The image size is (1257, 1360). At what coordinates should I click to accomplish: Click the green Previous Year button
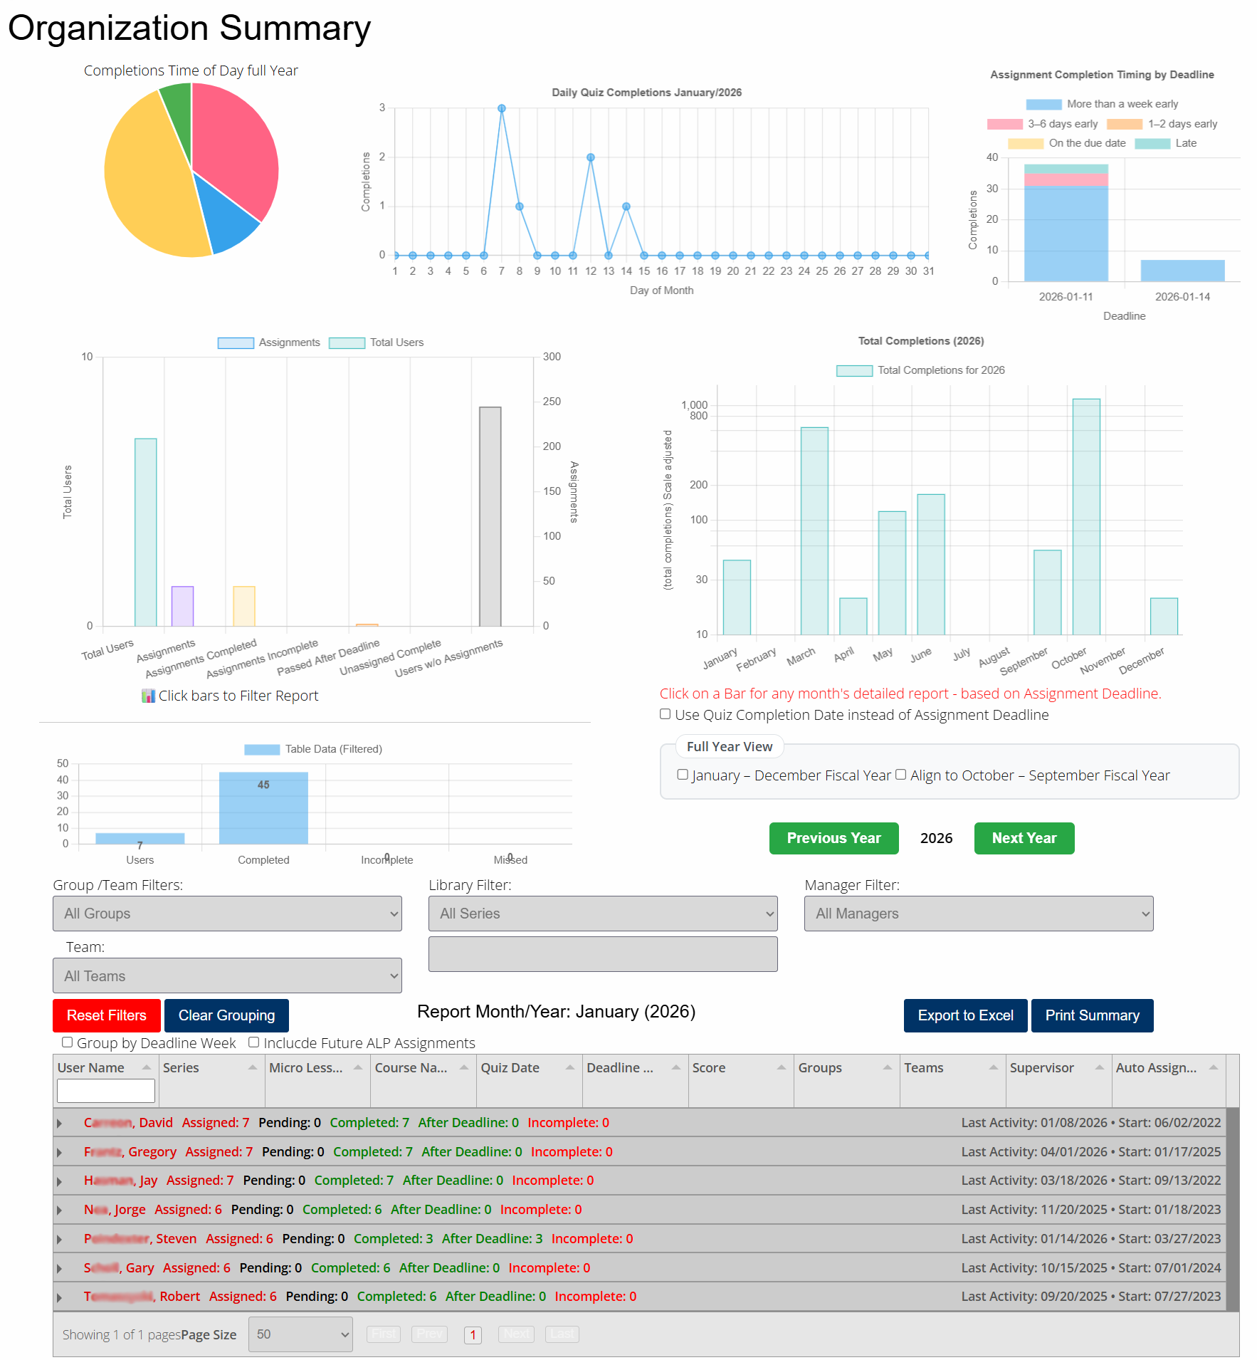(833, 838)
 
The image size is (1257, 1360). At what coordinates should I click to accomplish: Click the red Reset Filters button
(107, 1015)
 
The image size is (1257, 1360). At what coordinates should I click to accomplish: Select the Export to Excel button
(965, 1015)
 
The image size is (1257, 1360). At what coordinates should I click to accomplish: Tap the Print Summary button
(1092, 1015)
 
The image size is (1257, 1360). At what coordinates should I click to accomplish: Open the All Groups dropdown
(227, 914)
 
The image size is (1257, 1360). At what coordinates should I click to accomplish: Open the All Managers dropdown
(979, 914)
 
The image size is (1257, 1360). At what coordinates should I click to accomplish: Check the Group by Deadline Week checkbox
(68, 1042)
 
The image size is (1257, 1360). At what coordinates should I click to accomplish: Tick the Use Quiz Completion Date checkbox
(666, 714)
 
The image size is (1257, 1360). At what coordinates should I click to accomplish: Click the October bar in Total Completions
(1086, 516)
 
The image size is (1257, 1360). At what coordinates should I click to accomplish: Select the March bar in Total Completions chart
(814, 530)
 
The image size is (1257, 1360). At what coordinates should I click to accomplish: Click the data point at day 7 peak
(502, 108)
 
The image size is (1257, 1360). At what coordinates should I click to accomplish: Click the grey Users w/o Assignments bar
(490, 516)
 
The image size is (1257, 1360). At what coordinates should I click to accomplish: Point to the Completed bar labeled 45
(263, 808)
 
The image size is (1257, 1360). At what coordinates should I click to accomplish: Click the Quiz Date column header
(510, 1068)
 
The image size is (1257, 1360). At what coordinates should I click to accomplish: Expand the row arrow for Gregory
(60, 1152)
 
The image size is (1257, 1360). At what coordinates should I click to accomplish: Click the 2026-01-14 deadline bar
(1182, 271)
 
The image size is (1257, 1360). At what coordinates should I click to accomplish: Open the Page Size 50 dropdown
(300, 1334)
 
